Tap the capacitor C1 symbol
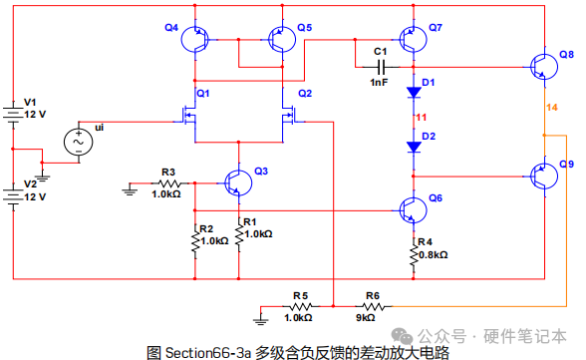pos(381,67)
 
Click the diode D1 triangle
pos(414,93)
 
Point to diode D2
pos(414,147)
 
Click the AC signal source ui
pos(79,142)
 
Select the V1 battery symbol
pos(13,114)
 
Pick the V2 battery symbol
pos(13,196)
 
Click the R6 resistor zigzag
pos(373,306)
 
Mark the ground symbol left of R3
pos(130,190)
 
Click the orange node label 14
pos(552,108)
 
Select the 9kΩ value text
pos(365,318)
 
